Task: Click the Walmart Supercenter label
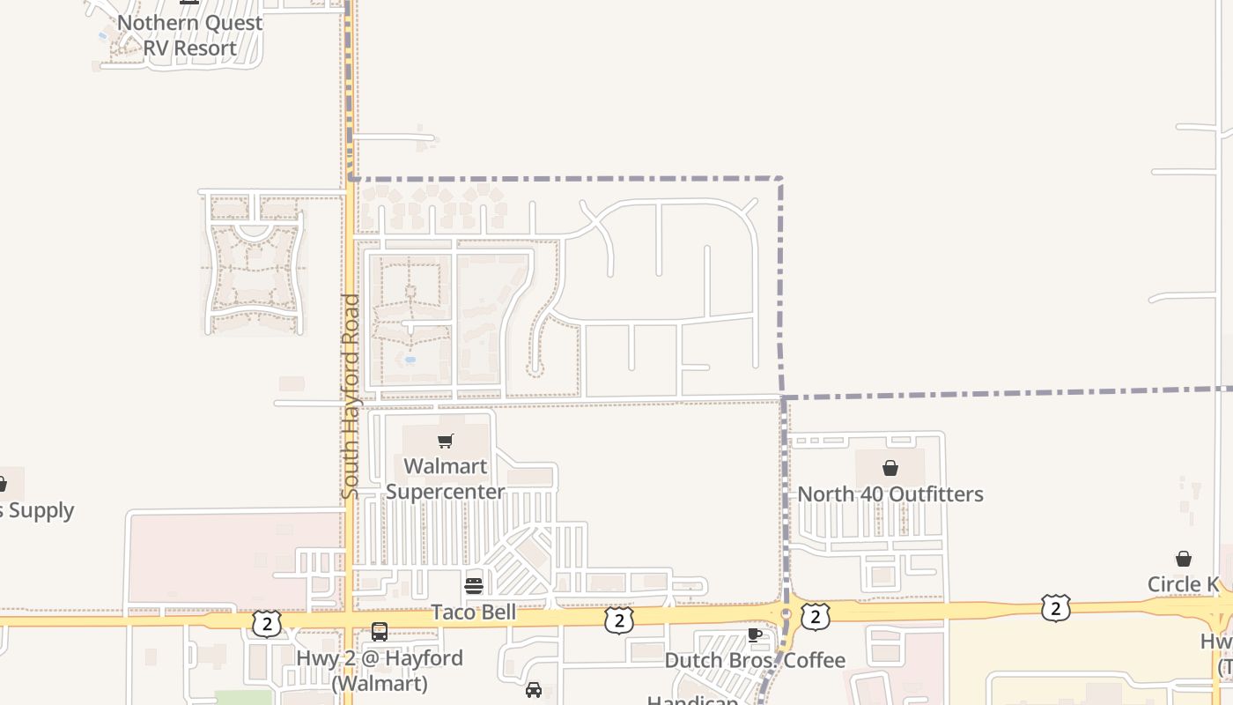(445, 479)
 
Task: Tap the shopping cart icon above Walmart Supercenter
(446, 441)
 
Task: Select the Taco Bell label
(473, 612)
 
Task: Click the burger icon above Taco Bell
(474, 586)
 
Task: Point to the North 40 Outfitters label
(890, 494)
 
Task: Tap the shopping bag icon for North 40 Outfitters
(890, 468)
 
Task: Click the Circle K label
(1183, 584)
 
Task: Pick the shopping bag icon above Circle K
(1184, 559)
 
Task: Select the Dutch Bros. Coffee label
(755, 660)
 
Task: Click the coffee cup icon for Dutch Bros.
(754, 634)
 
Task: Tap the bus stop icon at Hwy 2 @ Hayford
(380, 632)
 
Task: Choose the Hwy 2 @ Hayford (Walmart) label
(380, 670)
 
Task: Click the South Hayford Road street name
(350, 397)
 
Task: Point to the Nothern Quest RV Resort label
(190, 35)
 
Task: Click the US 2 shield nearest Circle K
(1055, 607)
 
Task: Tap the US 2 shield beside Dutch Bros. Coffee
(815, 618)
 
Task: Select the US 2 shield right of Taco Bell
(618, 620)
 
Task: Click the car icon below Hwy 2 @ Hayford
(533, 689)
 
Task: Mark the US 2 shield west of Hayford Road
(266, 623)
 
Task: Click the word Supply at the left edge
(40, 510)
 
